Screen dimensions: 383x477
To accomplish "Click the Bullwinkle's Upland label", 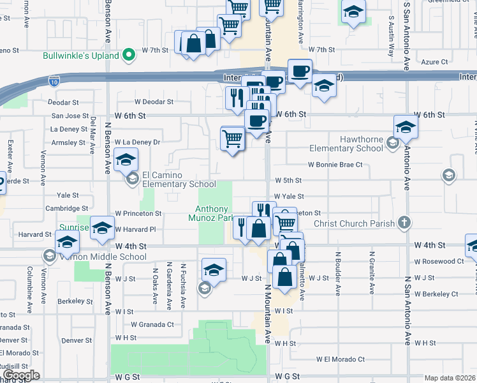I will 81,56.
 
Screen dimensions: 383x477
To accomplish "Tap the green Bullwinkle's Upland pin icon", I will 129,56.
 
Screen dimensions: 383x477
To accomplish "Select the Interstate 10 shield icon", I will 54,80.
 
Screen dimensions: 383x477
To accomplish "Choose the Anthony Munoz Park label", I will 212,214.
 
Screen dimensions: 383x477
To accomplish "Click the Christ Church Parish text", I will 355,223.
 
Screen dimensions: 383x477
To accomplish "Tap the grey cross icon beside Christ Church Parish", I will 403,223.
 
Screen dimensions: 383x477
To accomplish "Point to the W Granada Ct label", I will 144,324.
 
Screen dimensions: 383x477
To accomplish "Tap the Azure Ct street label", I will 435,63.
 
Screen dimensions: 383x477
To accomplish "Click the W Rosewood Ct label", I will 439,262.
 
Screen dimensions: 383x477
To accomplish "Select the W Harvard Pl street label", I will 135,229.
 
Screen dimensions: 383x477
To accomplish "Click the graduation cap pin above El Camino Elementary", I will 126,160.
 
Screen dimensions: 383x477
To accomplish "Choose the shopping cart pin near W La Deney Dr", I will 233,137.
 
